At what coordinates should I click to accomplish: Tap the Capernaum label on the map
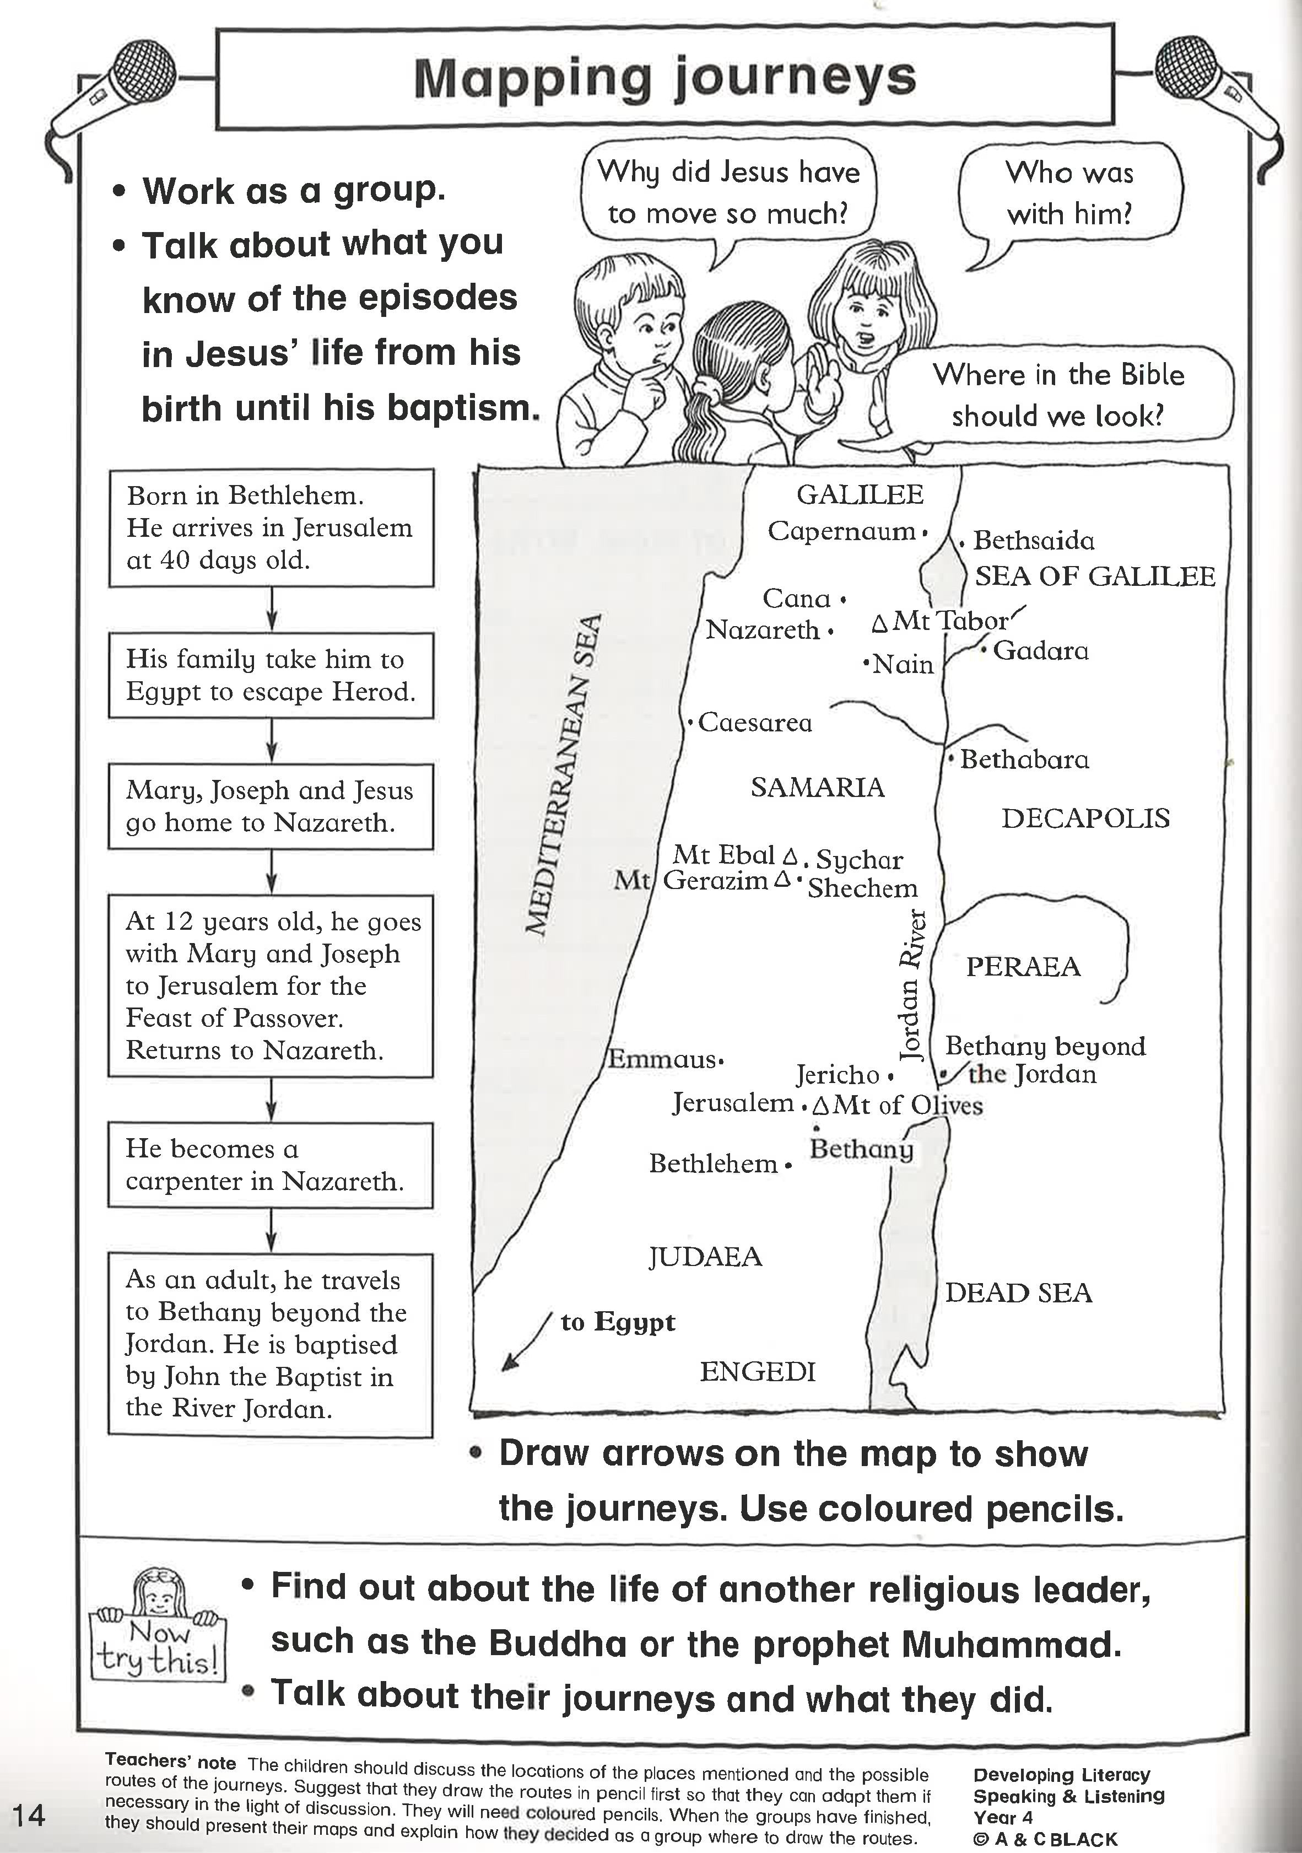pos(841,531)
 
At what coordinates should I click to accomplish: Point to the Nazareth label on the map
pos(763,629)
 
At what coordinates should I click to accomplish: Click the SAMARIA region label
pos(817,787)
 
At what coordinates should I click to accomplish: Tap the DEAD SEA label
pos(1018,1293)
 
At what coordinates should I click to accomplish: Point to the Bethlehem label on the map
pos(714,1163)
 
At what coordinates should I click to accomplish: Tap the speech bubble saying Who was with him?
pos(1069,193)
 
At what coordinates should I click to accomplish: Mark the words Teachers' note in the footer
pos(170,1762)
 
